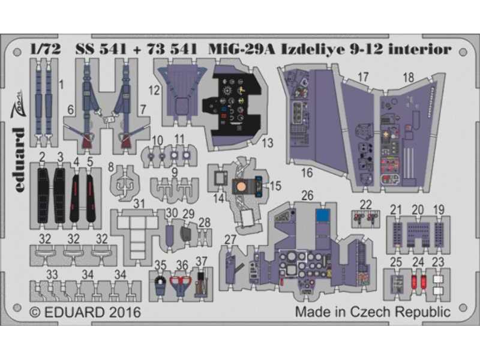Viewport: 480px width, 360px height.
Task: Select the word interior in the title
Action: point(421,50)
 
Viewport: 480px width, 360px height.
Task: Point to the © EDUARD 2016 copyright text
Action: point(85,313)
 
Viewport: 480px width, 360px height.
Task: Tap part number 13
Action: point(267,143)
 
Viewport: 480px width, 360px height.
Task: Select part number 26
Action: point(307,196)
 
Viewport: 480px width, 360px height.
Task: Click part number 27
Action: point(230,240)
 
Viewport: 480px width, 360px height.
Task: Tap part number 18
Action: point(409,77)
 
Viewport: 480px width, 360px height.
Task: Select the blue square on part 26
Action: point(323,214)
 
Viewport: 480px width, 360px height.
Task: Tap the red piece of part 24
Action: point(416,281)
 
